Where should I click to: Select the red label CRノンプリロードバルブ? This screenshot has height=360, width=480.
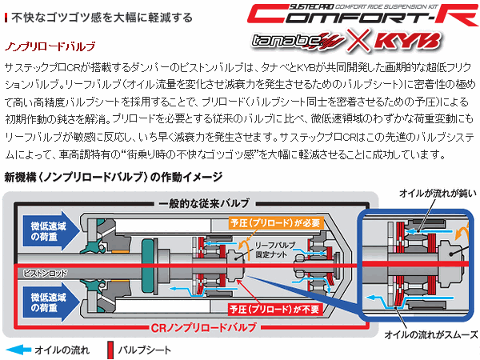pos(198,328)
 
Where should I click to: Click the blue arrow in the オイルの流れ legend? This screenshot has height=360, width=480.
pos(22,350)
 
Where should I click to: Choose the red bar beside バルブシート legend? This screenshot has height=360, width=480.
pos(108,350)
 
